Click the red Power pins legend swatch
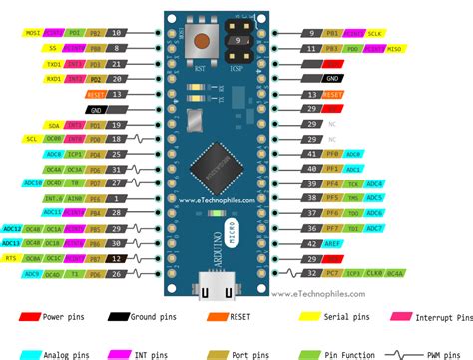[26, 317]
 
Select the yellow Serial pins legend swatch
[309, 317]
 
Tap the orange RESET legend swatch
[215, 317]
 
